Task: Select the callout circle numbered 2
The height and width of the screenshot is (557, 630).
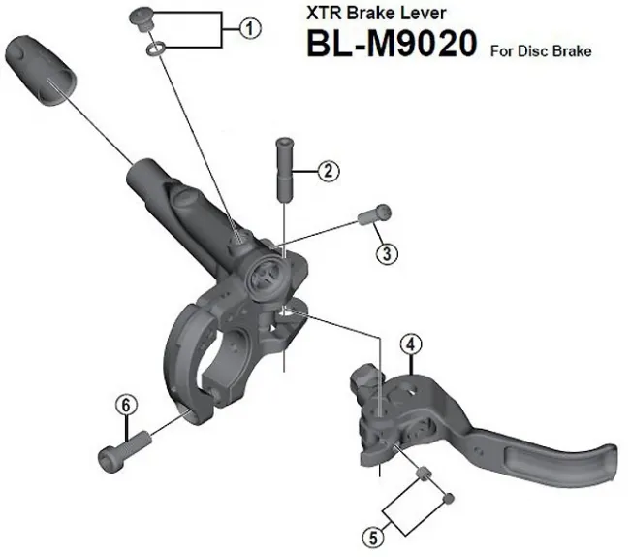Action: [x=330, y=172]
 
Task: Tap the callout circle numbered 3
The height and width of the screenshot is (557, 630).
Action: [x=387, y=254]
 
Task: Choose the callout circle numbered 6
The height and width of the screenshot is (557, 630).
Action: [x=124, y=406]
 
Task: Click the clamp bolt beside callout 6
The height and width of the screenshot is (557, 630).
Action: [x=123, y=448]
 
